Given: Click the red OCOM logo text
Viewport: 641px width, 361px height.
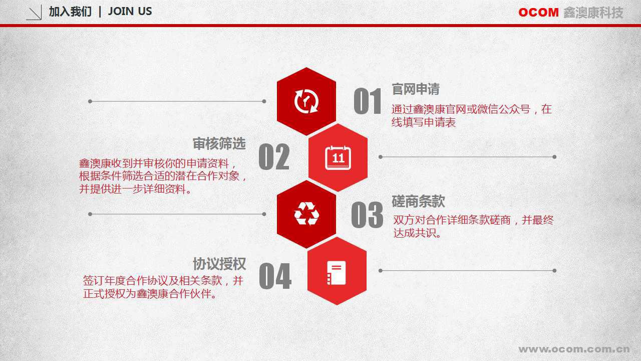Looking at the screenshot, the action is (538, 13).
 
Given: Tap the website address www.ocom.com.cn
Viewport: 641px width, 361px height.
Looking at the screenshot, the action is (574, 349).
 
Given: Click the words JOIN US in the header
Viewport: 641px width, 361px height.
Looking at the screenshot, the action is (130, 12).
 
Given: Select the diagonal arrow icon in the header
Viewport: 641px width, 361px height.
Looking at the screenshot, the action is (34, 13).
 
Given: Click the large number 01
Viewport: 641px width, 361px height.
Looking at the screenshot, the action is (368, 101).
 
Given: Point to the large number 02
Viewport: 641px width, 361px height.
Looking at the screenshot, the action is (274, 157).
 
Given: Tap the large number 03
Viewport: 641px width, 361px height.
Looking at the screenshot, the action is (367, 215).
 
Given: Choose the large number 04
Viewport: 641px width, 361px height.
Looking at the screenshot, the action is (275, 276).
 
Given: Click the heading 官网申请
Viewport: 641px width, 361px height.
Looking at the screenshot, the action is (415, 89).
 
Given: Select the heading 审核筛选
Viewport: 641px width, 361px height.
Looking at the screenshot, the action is (219, 143).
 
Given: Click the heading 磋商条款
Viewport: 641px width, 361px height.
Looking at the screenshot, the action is (418, 201).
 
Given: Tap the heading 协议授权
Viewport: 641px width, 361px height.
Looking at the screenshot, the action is (219, 264).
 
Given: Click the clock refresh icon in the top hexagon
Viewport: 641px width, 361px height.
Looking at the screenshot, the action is (306, 101).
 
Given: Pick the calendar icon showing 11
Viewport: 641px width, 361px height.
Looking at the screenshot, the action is (338, 157).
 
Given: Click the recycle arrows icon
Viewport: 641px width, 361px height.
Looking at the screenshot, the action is (306, 214).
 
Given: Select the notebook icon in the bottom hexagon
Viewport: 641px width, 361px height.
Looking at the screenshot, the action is (336, 273).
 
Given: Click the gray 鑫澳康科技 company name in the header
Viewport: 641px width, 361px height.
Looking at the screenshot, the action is (593, 13).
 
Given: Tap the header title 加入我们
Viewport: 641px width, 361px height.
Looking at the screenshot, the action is (71, 12).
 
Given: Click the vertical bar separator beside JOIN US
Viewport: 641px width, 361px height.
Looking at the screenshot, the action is (100, 12).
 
